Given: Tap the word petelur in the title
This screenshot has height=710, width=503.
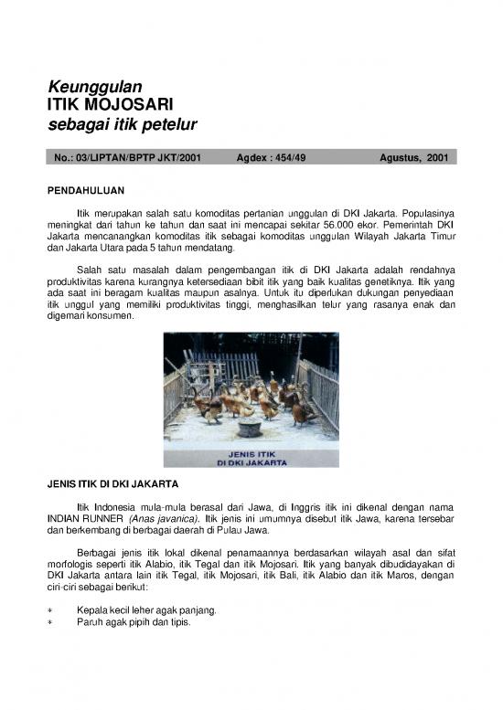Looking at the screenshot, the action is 171,124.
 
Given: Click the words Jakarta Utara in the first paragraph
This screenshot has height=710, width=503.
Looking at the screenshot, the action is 91,249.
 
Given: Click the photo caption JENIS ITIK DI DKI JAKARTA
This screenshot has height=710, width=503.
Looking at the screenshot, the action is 251,459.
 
